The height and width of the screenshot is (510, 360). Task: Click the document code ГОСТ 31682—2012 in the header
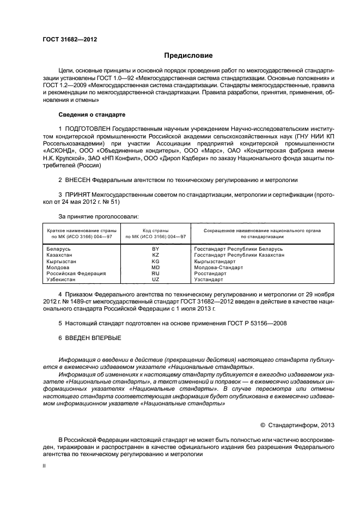pos(66,40)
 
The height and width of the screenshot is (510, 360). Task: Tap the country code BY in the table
pos(155,248)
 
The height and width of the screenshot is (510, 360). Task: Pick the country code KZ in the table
pos(155,255)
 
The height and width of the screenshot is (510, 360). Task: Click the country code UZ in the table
pos(155,280)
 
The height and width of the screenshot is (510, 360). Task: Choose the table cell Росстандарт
pos(211,274)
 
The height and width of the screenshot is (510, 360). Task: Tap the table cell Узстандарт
pos(209,280)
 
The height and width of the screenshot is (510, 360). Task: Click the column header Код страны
pos(155,230)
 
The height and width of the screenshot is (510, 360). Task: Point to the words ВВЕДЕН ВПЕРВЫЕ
pos(93,338)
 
